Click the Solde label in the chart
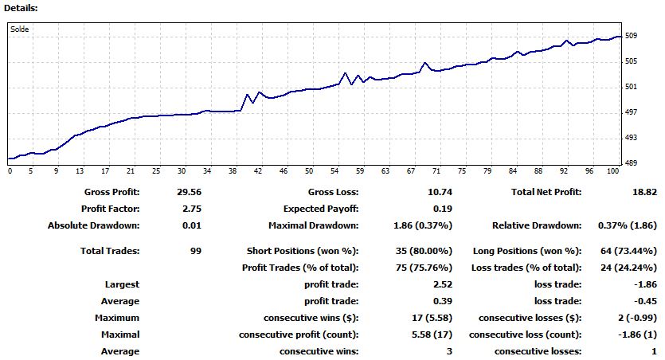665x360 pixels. coord(20,29)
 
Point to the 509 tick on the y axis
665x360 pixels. coord(631,36)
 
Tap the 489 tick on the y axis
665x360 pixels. coord(631,163)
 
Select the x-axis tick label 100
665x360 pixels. coord(612,171)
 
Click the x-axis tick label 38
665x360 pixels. coord(233,171)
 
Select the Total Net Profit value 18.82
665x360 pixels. coord(643,192)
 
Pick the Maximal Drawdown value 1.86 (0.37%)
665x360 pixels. coord(401,225)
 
